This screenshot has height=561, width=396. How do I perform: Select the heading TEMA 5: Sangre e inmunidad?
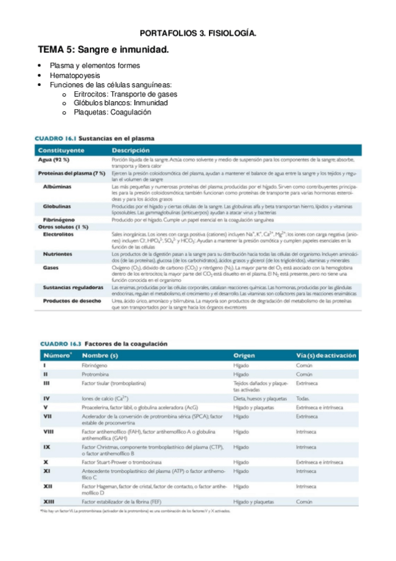(x=103, y=50)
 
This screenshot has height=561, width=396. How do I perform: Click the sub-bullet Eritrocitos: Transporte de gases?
(x=126, y=94)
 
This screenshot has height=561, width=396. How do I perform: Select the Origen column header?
(x=245, y=356)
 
